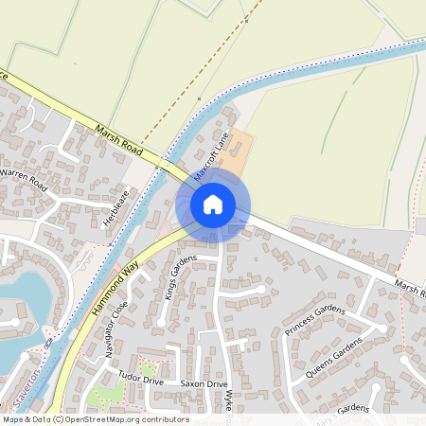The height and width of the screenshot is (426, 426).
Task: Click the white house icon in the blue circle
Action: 213,204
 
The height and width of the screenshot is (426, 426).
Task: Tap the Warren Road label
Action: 23,177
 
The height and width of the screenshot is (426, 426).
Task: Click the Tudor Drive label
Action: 140,381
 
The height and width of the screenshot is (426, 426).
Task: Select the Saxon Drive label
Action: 204,385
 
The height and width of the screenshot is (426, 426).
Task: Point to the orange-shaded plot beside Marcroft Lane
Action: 238,151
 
